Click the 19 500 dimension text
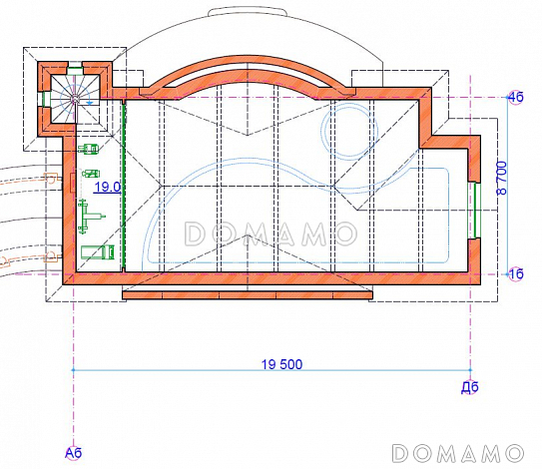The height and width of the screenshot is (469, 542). pyautogui.click(x=281, y=364)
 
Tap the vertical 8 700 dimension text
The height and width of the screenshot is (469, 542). pyautogui.click(x=502, y=179)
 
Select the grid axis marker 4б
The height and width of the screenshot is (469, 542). pyautogui.click(x=515, y=98)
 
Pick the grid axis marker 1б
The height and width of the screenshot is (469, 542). pyautogui.click(x=516, y=274)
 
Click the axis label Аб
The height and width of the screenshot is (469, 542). pyautogui.click(x=73, y=453)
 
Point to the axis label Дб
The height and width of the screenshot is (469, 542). pyautogui.click(x=470, y=387)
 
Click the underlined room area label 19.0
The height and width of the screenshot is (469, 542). pyautogui.click(x=108, y=187)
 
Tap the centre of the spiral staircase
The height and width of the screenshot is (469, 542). pyautogui.click(x=74, y=99)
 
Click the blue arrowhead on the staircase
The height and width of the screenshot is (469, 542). pyautogui.click(x=90, y=103)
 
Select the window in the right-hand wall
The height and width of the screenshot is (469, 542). pyautogui.click(x=477, y=211)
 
